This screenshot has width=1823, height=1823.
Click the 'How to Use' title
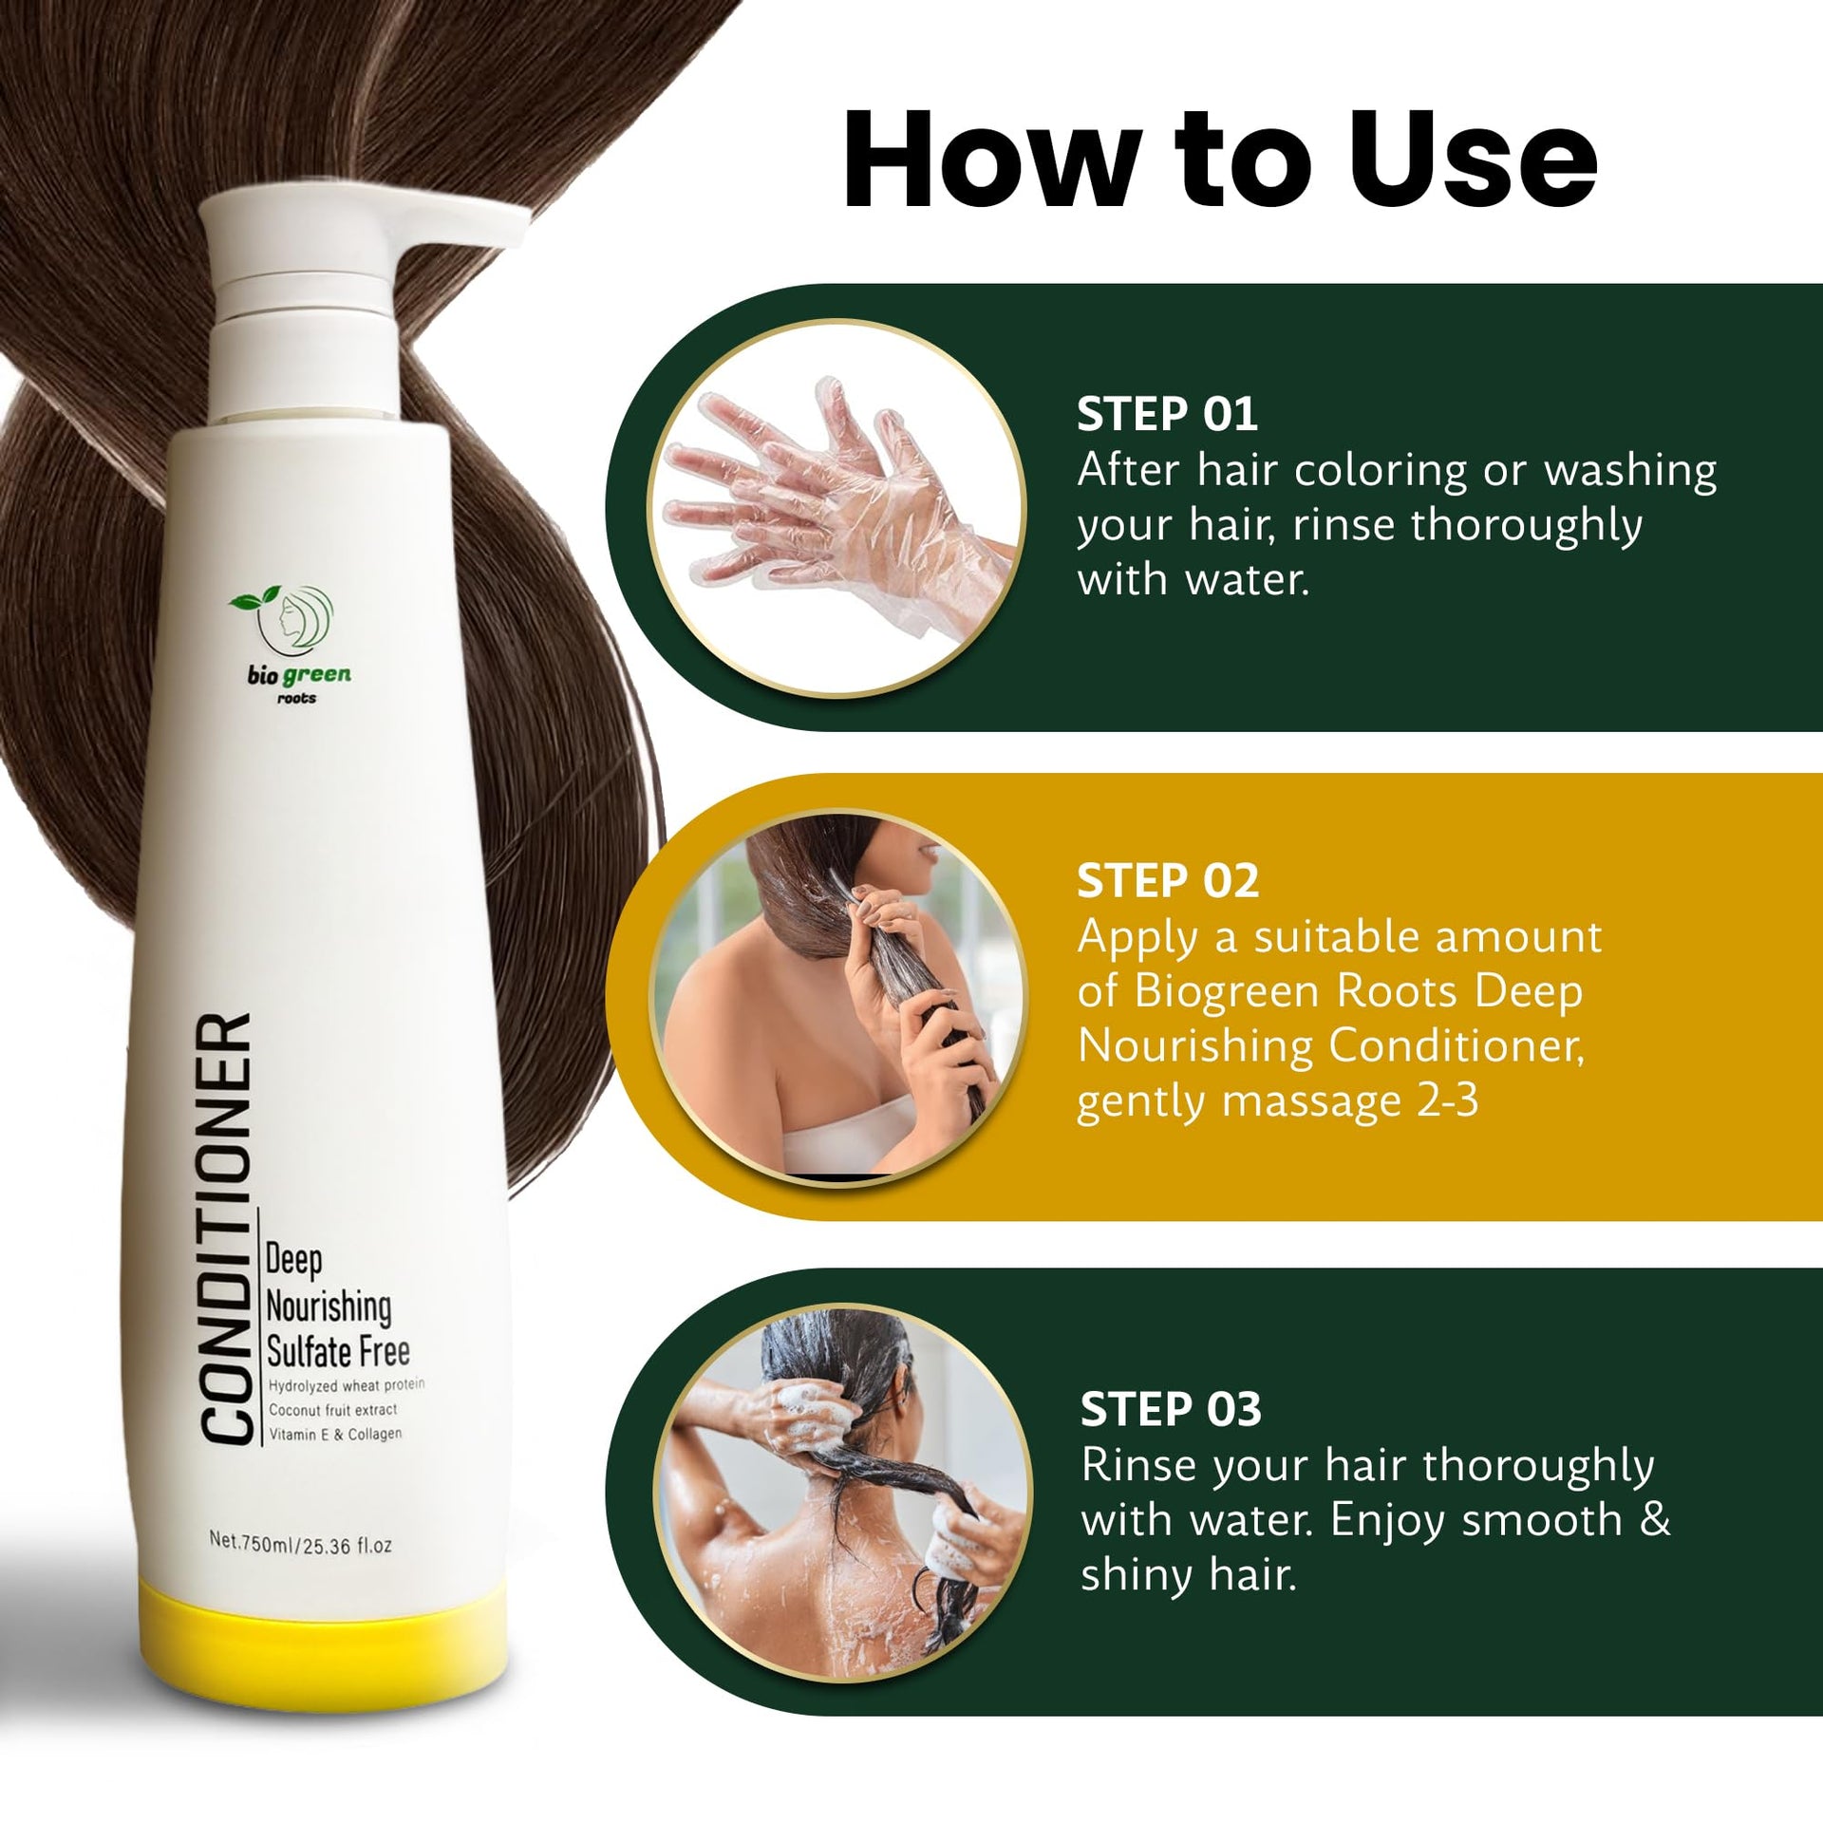click(x=1220, y=159)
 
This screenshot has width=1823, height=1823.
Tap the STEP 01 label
click(x=1167, y=415)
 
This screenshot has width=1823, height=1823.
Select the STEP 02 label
click(x=1168, y=881)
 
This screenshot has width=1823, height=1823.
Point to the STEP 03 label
click(x=1171, y=1409)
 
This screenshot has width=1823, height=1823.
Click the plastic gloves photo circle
click(x=836, y=508)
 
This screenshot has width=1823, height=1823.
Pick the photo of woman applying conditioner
click(x=838, y=998)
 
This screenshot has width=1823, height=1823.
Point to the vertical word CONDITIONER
click(x=227, y=1231)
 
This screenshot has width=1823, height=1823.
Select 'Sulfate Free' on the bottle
click(x=338, y=1351)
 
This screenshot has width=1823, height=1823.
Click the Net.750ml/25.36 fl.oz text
click(x=300, y=1543)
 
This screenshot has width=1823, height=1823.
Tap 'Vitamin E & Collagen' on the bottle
click(x=335, y=1434)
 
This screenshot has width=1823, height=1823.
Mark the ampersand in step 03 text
click(x=1655, y=1518)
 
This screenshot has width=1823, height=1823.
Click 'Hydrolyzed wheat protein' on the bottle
click(x=347, y=1385)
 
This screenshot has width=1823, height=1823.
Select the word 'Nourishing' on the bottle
click(x=329, y=1307)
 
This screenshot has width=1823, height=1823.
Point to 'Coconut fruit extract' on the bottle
click(x=333, y=1410)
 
